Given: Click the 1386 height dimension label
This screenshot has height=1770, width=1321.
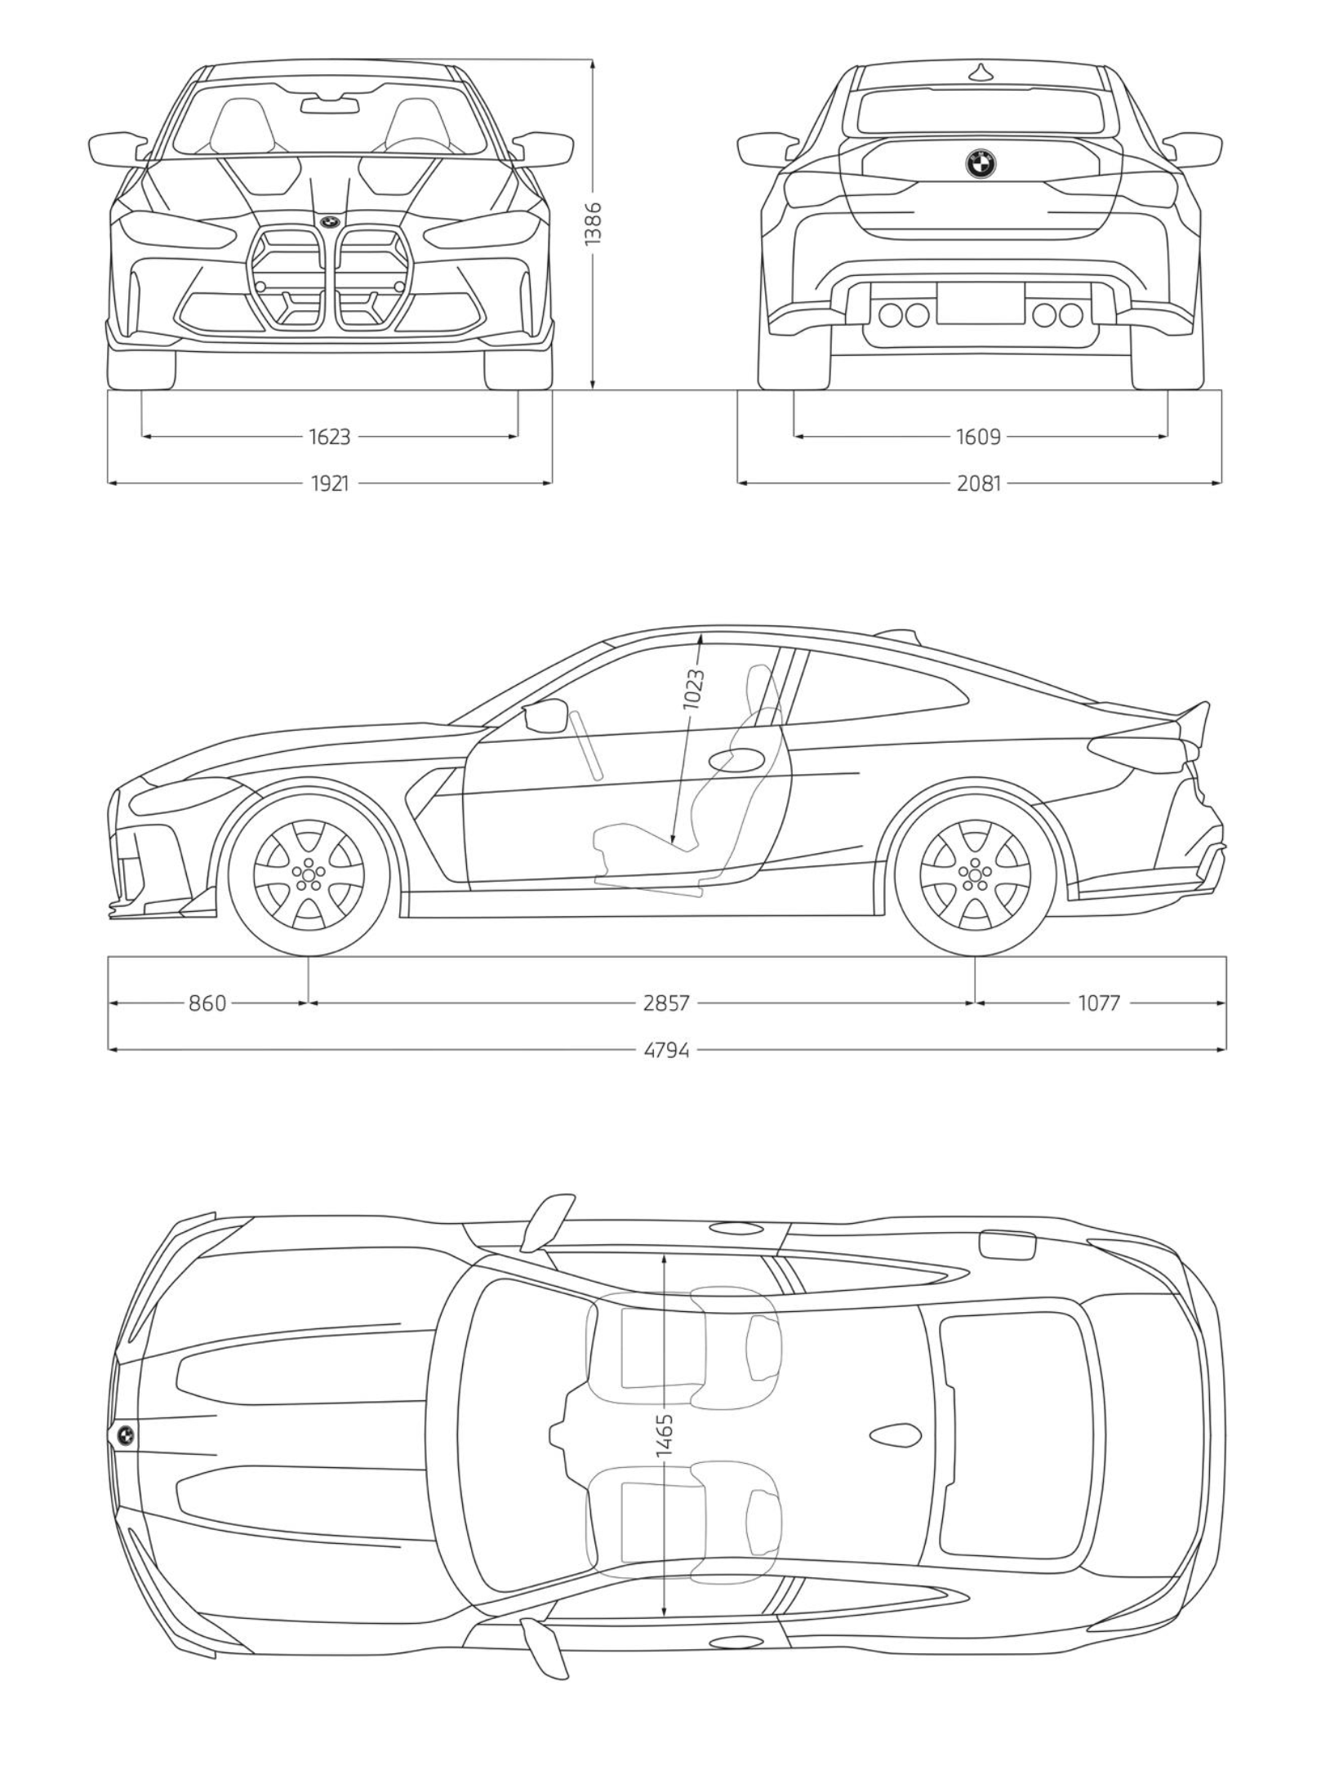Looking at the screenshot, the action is tap(593, 223).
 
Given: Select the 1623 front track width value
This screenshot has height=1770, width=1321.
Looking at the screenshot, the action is tap(330, 437).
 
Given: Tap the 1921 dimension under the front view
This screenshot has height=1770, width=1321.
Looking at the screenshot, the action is tap(330, 483).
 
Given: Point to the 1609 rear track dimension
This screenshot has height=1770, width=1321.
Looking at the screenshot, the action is tap(978, 437).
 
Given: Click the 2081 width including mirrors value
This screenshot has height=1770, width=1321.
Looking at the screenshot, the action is tap(979, 483).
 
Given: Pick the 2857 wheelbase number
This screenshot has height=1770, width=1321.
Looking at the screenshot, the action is tap(666, 1002).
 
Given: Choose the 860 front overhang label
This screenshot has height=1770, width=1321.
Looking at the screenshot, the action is tap(207, 1002).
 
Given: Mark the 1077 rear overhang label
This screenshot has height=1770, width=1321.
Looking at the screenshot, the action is tap(1098, 1002).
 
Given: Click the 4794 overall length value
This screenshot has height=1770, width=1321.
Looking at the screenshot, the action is tap(666, 1049).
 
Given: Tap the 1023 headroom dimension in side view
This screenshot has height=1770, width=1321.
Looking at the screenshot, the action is tap(694, 688).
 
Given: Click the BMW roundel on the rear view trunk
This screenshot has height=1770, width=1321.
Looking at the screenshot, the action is tap(980, 164).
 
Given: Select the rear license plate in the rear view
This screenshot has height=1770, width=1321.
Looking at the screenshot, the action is tap(980, 303).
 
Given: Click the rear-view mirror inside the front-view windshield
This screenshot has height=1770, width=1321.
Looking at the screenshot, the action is tap(330, 105).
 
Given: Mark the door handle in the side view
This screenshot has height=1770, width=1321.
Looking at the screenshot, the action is tap(734, 759).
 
